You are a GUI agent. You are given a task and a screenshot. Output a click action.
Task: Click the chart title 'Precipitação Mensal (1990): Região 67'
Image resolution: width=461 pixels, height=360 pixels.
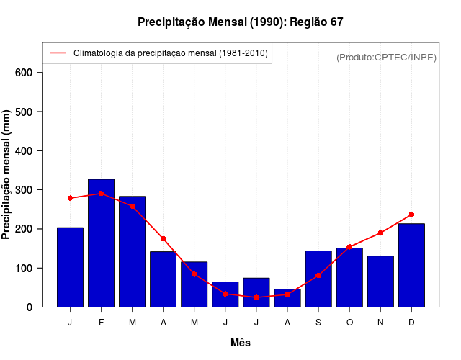click(241, 22)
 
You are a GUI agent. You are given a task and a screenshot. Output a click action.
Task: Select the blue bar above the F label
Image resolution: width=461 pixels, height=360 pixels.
click(101, 243)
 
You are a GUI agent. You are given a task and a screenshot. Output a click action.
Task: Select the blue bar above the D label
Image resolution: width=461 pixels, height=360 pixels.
click(411, 265)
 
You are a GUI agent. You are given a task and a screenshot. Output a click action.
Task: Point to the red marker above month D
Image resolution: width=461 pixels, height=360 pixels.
click(411, 215)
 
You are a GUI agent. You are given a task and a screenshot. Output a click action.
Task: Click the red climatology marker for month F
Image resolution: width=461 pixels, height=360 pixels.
click(101, 194)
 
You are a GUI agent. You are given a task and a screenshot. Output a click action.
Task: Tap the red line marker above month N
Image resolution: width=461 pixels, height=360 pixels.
click(380, 233)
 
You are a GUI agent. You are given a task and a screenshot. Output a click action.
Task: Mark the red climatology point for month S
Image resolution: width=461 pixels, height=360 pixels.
click(318, 275)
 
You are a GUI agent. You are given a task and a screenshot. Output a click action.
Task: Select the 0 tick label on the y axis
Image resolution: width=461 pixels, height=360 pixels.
click(30, 307)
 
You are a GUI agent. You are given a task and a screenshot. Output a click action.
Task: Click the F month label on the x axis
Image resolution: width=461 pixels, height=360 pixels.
click(101, 323)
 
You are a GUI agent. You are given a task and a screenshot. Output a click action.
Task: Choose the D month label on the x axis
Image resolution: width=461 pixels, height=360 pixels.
click(411, 323)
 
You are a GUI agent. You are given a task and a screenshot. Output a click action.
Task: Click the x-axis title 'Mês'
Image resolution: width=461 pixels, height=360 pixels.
click(241, 343)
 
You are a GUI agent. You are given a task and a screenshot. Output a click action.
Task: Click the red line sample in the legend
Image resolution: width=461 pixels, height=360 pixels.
click(58, 53)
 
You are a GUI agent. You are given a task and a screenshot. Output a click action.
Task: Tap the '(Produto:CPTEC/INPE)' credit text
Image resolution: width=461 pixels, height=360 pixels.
click(386, 57)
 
